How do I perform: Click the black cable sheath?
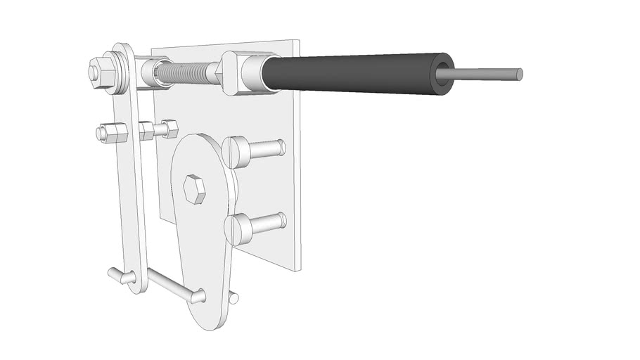pos(352,74)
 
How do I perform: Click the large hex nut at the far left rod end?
pos(98,71)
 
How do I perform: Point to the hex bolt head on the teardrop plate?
pos(194,189)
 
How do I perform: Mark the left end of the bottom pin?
pos(113,272)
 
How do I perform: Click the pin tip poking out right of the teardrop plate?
pos(234,298)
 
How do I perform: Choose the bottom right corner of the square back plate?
pos(298,269)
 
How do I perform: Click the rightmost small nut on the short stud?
pos(169,129)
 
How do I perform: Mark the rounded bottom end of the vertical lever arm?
pos(139,285)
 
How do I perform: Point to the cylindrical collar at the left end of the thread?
pos(153,73)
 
